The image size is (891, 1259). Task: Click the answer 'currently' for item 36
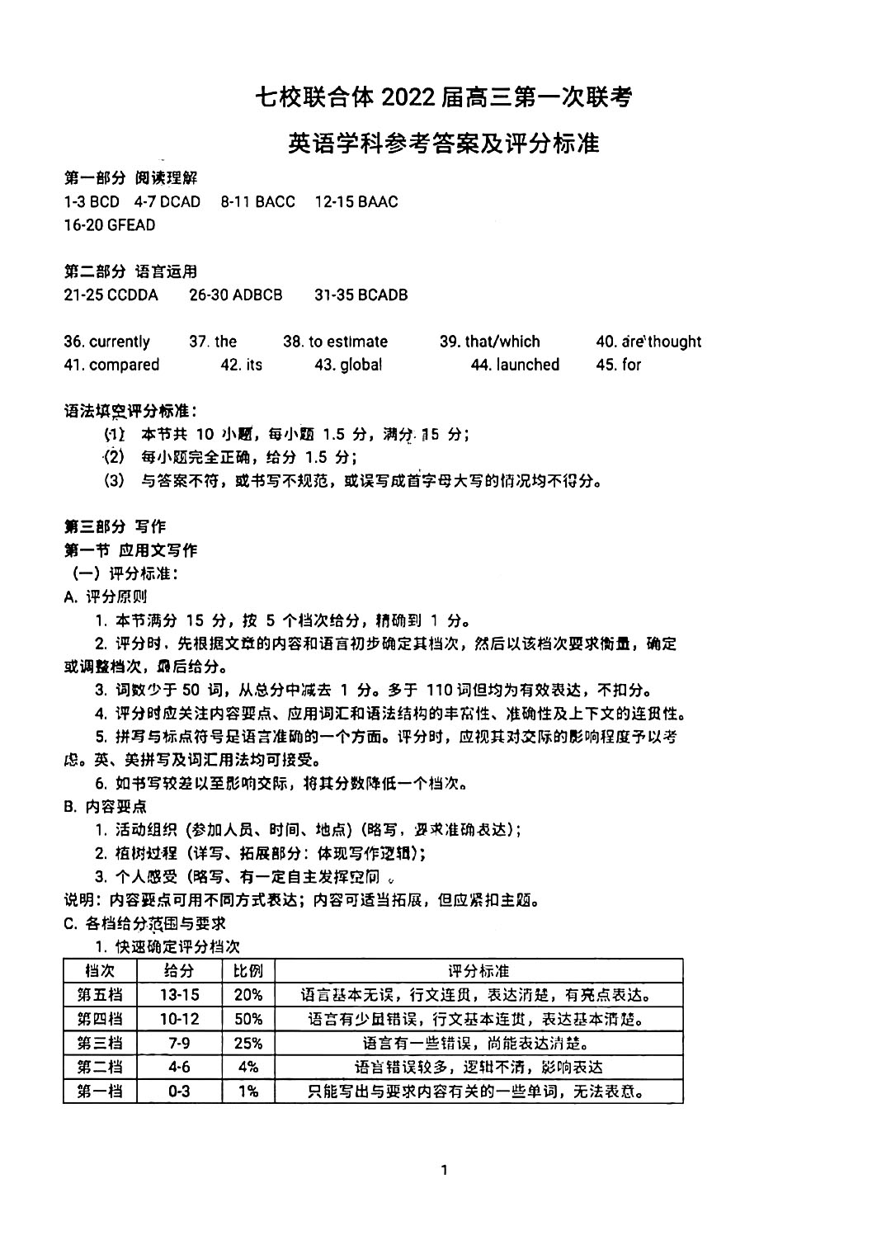(x=120, y=342)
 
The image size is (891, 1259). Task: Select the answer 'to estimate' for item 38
(x=347, y=342)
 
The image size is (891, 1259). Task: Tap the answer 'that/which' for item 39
(x=502, y=342)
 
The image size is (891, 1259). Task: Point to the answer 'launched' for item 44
(x=527, y=365)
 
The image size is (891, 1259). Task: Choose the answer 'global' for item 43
(x=361, y=365)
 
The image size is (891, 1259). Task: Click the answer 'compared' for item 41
(x=124, y=365)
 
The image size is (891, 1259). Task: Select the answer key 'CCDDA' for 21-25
(x=132, y=295)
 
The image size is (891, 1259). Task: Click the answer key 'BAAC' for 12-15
(x=378, y=201)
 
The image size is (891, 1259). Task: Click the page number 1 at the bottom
(x=445, y=1169)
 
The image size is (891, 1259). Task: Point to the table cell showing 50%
(x=248, y=1019)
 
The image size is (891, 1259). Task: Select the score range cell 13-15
(x=179, y=995)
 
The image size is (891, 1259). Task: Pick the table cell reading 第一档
(x=100, y=1092)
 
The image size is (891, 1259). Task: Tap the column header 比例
(x=248, y=971)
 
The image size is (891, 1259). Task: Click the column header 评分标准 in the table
(x=478, y=971)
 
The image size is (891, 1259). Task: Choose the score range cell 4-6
(x=179, y=1067)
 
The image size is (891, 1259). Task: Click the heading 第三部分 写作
(x=115, y=526)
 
